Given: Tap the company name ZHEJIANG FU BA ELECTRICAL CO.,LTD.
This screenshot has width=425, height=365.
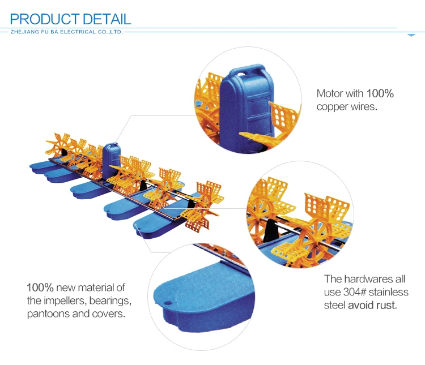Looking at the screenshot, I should [67, 32].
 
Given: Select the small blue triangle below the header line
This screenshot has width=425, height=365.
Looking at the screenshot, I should [411, 35].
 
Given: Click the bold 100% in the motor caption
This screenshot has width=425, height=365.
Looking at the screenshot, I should [380, 93].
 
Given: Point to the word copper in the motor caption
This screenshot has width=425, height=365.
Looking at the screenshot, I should [330, 106].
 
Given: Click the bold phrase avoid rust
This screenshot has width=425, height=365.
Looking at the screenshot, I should [372, 306].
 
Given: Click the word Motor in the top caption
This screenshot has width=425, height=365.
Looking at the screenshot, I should [330, 93].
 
